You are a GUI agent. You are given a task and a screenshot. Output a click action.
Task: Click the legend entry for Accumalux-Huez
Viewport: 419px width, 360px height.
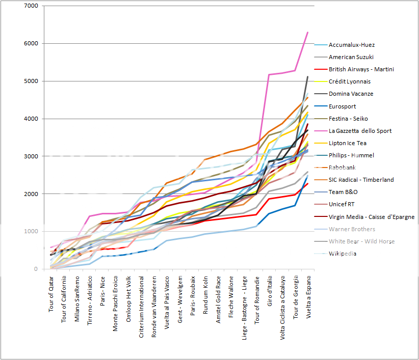[x=351, y=45]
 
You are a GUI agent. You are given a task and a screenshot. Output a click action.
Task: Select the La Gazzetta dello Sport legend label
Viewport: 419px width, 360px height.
[x=360, y=131]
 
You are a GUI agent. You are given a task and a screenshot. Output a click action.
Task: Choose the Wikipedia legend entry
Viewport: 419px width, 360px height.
[x=343, y=254]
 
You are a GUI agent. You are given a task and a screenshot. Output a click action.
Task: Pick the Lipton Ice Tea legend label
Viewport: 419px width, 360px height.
[x=348, y=143]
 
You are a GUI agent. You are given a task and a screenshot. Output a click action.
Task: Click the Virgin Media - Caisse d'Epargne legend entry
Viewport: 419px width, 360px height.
[x=372, y=217]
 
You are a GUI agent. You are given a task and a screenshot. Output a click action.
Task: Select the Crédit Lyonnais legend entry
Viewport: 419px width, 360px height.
[x=350, y=81]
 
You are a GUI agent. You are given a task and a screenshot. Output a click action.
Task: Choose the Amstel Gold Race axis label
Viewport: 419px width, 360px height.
[x=219, y=297]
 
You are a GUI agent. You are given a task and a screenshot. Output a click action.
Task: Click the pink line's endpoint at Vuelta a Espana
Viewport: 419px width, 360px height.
[x=308, y=32]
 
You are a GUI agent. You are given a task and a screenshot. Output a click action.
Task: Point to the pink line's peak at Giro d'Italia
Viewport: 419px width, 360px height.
[x=269, y=75]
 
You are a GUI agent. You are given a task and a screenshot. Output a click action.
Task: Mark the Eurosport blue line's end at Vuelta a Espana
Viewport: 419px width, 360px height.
[x=308, y=175]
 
